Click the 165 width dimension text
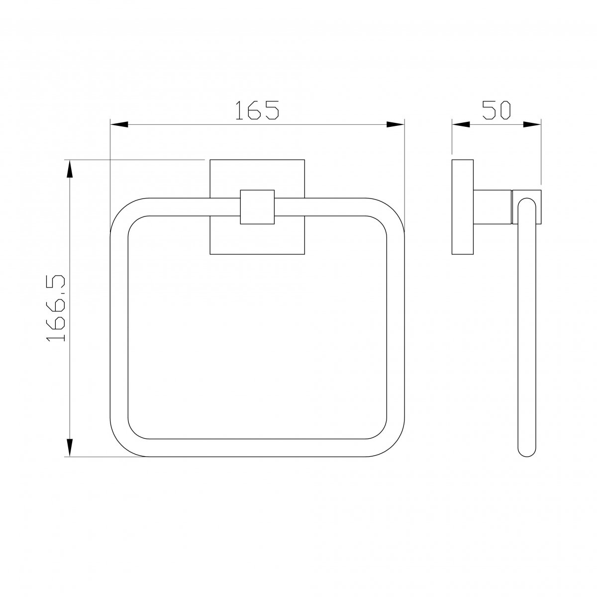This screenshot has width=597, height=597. point(257,109)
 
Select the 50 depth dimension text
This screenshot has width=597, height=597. point(496,109)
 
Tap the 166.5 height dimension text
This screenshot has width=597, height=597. point(56,308)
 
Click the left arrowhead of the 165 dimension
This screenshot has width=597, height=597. point(119,124)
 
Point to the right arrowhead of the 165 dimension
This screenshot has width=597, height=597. point(396,124)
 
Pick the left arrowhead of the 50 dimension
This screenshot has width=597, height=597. point(461,124)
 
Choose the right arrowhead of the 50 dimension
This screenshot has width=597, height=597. point(532,124)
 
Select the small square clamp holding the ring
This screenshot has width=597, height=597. point(257,207)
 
